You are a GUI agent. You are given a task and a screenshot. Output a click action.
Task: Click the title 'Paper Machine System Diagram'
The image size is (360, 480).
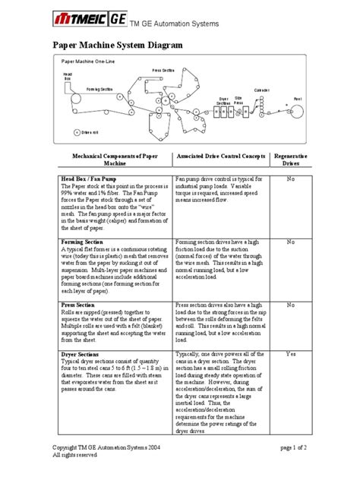click(x=116, y=46)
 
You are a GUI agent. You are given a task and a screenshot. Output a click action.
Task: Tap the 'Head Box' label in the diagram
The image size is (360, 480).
click(x=67, y=76)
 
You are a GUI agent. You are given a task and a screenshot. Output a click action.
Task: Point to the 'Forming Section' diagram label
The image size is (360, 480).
click(x=99, y=89)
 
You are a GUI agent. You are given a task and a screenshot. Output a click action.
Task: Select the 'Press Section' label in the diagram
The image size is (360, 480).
click(x=163, y=69)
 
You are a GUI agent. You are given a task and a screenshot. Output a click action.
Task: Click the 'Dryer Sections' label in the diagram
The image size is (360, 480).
click(x=223, y=100)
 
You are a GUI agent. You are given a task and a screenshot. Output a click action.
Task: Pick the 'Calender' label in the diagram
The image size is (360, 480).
click(x=261, y=90)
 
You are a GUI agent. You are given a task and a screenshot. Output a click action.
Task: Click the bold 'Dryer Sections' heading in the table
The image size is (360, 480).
click(x=81, y=354)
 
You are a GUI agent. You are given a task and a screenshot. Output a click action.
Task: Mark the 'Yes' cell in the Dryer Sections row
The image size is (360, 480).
click(x=289, y=354)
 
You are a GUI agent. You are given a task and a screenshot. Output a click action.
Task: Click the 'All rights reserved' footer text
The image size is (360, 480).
click(x=74, y=456)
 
